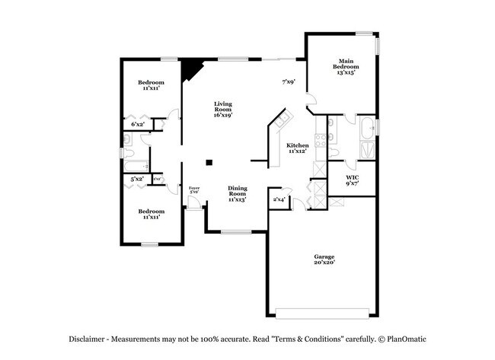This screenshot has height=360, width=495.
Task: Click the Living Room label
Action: point(222,109)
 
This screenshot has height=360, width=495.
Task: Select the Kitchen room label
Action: point(297,148)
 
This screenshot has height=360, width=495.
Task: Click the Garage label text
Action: point(324,260)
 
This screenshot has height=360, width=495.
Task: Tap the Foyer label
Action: point(194,190)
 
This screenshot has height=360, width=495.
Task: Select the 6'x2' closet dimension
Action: point(138,123)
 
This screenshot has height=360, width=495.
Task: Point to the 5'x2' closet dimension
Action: point(137,179)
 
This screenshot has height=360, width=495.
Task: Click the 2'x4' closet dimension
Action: point(279,199)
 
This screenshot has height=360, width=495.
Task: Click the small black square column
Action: point(209,161)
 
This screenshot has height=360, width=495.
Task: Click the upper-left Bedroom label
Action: point(151,85)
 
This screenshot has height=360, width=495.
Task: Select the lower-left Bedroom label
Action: point(151,214)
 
